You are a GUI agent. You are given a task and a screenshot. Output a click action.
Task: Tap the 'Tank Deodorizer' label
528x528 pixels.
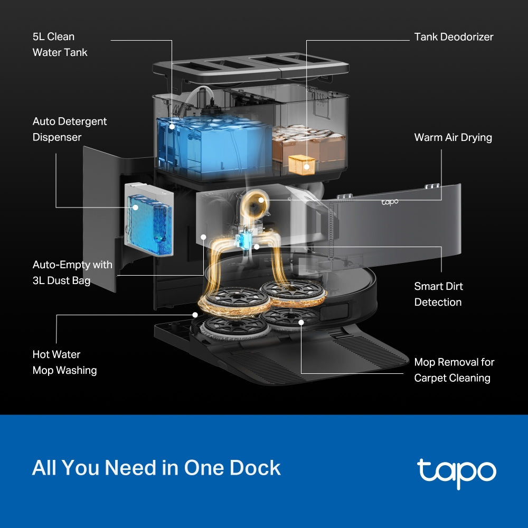pos(454,37)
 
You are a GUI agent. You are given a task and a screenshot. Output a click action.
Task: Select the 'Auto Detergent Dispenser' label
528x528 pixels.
pos(70,129)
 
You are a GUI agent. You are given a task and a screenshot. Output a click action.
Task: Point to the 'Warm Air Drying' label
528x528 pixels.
pos(452,137)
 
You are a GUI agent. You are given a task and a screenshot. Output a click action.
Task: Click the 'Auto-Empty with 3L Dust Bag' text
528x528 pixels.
pos(72,272)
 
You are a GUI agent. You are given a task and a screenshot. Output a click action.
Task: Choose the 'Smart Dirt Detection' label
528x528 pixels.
pos(438,294)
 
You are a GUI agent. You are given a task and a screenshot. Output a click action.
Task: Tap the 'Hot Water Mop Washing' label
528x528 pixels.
pos(64,362)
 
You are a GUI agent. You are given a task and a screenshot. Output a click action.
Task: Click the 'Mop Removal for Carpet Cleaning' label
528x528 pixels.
pos(454,370)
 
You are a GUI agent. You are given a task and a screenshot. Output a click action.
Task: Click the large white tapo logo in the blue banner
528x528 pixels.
pos(456,471)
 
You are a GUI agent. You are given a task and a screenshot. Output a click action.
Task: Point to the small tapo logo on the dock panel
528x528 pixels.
pos(390,202)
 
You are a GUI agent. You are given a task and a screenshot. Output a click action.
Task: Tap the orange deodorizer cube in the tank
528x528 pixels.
pos(302,165)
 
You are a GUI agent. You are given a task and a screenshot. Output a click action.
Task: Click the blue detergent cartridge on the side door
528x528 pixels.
pos(149,219)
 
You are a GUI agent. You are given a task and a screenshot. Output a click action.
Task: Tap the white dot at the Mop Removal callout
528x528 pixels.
pos(301,322)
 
